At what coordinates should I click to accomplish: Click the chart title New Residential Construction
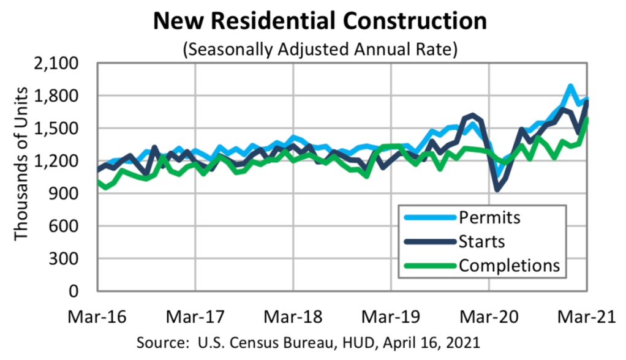320,21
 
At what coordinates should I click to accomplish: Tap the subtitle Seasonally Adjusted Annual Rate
320,49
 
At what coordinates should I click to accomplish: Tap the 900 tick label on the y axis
73,193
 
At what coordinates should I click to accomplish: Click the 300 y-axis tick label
73,258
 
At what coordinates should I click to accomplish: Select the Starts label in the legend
482,241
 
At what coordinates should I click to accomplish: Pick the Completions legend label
509,265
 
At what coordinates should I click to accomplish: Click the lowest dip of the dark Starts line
497,189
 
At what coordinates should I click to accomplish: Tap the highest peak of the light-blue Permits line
570,86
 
